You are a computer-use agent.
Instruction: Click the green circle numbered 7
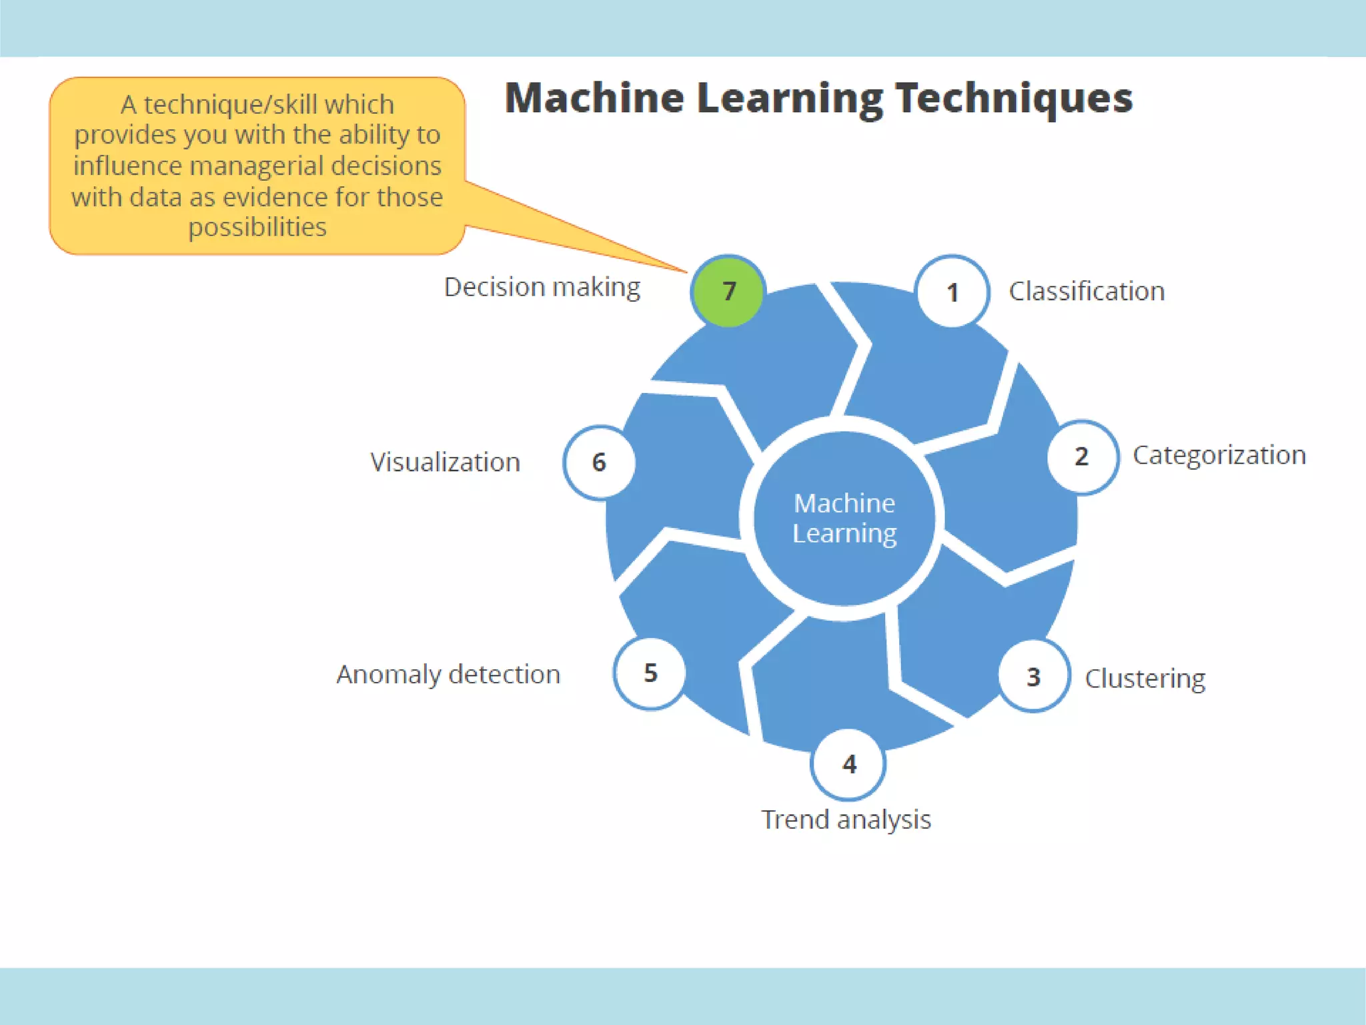pyautogui.click(x=728, y=291)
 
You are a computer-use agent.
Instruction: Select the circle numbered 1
pyautogui.click(x=952, y=292)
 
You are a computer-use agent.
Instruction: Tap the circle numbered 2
pyautogui.click(x=1082, y=456)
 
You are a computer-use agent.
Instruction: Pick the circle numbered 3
pyautogui.click(x=1034, y=677)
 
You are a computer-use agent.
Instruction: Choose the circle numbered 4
pyautogui.click(x=848, y=763)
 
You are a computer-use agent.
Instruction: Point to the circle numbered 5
pyautogui.click(x=650, y=673)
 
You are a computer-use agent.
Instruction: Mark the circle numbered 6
pyautogui.click(x=599, y=462)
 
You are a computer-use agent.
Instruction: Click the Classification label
pyautogui.click(x=1087, y=292)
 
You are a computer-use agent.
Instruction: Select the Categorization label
pyautogui.click(x=1219, y=455)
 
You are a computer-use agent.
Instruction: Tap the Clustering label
pyautogui.click(x=1145, y=679)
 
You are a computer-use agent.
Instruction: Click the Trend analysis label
pyautogui.click(x=846, y=819)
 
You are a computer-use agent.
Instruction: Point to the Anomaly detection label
pyautogui.click(x=448, y=675)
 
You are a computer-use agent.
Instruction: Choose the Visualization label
pyautogui.click(x=445, y=462)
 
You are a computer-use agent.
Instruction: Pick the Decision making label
pyautogui.click(x=542, y=287)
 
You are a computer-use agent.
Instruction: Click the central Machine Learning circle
pyautogui.click(x=844, y=519)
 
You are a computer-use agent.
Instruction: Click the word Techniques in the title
pyautogui.click(x=1013, y=98)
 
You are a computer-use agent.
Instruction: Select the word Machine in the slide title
pyautogui.click(x=594, y=98)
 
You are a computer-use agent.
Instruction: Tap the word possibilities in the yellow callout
pyautogui.click(x=257, y=228)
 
